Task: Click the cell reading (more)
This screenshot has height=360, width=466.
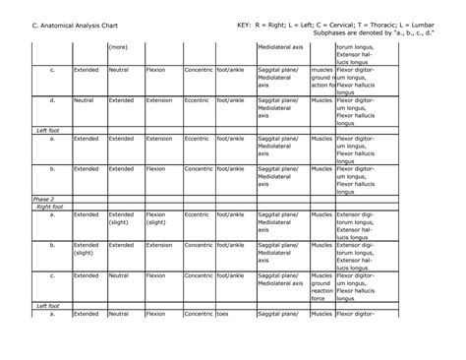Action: point(119,46)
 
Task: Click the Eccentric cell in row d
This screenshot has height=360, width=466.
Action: point(197,100)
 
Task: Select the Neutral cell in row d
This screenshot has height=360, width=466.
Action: point(84,100)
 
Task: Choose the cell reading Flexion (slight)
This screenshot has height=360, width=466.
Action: point(160,218)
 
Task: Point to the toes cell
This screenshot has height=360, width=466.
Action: point(224,314)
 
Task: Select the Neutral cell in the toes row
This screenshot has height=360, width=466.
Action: point(119,314)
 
